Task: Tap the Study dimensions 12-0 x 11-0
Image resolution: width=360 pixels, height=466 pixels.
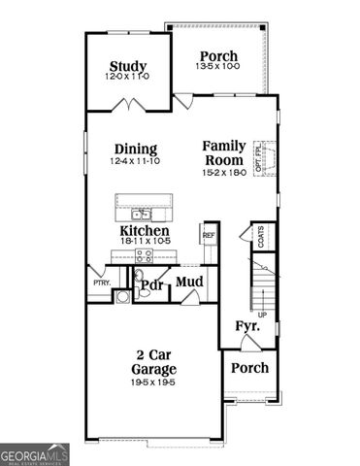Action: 127,77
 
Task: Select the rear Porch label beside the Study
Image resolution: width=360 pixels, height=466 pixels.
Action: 218,55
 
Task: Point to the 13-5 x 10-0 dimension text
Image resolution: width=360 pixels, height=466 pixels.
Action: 218,68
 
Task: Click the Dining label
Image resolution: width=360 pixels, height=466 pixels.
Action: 135,149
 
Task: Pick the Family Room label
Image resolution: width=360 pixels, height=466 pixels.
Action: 224,152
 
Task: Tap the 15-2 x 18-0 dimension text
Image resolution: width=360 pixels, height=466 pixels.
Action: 224,172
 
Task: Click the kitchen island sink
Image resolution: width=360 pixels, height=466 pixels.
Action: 143,214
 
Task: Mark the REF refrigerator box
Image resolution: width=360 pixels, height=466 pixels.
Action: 208,234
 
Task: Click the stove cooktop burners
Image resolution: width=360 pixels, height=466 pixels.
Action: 144,256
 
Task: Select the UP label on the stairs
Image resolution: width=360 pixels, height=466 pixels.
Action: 261,315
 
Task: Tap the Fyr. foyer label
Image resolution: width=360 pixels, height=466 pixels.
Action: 247,328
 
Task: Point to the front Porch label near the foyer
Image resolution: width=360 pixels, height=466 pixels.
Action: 249,368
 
